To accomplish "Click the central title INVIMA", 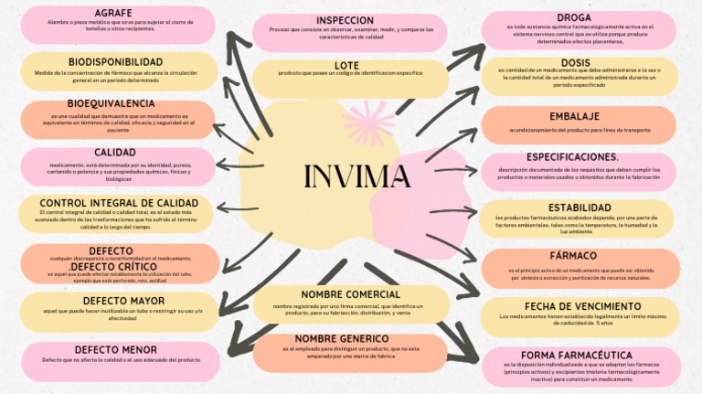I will [x=356, y=176].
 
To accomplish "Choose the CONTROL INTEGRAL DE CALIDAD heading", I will [x=119, y=203].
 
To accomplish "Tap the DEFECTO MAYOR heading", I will [x=123, y=300].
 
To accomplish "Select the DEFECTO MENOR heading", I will [x=116, y=349].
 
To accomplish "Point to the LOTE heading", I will [x=347, y=65].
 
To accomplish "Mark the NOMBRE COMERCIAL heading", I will [x=351, y=294].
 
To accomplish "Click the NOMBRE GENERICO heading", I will [x=351, y=339].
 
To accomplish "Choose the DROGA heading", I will [x=574, y=17].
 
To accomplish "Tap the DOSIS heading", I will [x=576, y=63].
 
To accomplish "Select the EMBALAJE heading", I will [x=575, y=116].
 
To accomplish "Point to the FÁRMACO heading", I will [x=574, y=255].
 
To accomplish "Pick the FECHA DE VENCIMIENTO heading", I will [x=583, y=306].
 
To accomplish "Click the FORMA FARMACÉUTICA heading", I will [x=577, y=355].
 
